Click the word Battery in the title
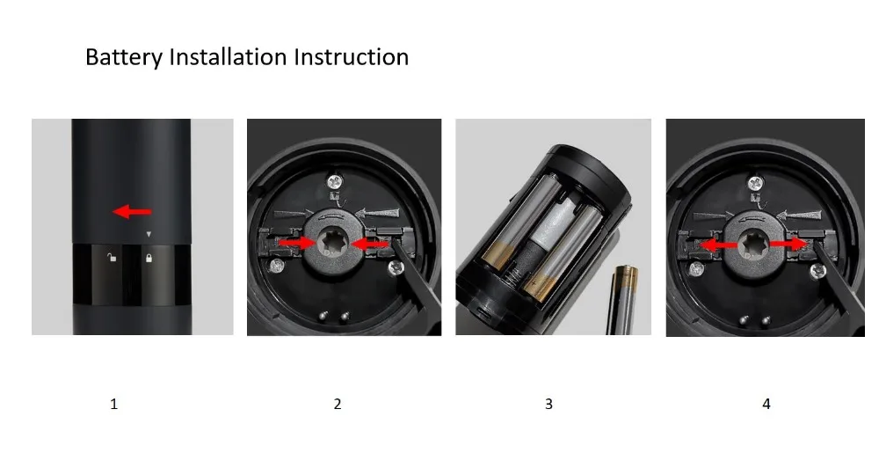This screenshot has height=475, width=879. pos(124,58)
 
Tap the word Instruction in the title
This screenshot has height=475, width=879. pos(352,58)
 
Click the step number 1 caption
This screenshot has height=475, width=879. pos(113,405)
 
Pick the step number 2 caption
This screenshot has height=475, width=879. pos(338,405)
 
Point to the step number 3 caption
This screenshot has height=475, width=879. pos(549,405)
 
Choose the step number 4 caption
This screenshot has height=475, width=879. pos(766,405)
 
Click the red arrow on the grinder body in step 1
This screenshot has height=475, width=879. pos(133,211)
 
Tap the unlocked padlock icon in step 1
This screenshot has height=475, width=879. pos(110,258)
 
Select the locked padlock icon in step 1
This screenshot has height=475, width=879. pos(149,259)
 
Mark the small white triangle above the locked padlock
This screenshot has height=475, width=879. pos(149,235)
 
